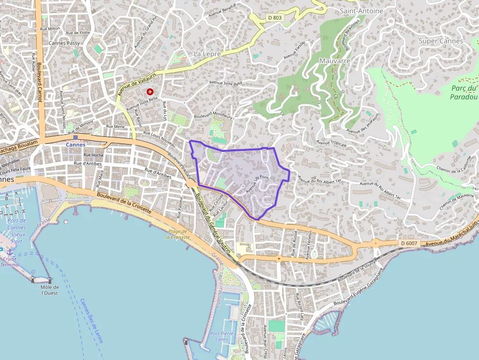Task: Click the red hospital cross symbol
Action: pos(150,92)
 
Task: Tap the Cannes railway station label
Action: pos(76,145)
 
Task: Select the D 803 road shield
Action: pos(275,18)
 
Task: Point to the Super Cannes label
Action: pos(441,41)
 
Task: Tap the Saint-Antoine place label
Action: pos(361,10)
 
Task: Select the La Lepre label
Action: pos(207,54)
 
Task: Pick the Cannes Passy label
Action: pos(64,43)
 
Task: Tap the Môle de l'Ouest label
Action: pos(49,290)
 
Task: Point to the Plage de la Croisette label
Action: pos(176,234)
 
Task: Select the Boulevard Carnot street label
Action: pos(41,78)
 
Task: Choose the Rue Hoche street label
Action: pos(93,155)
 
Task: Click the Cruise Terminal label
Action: pos(10,262)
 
